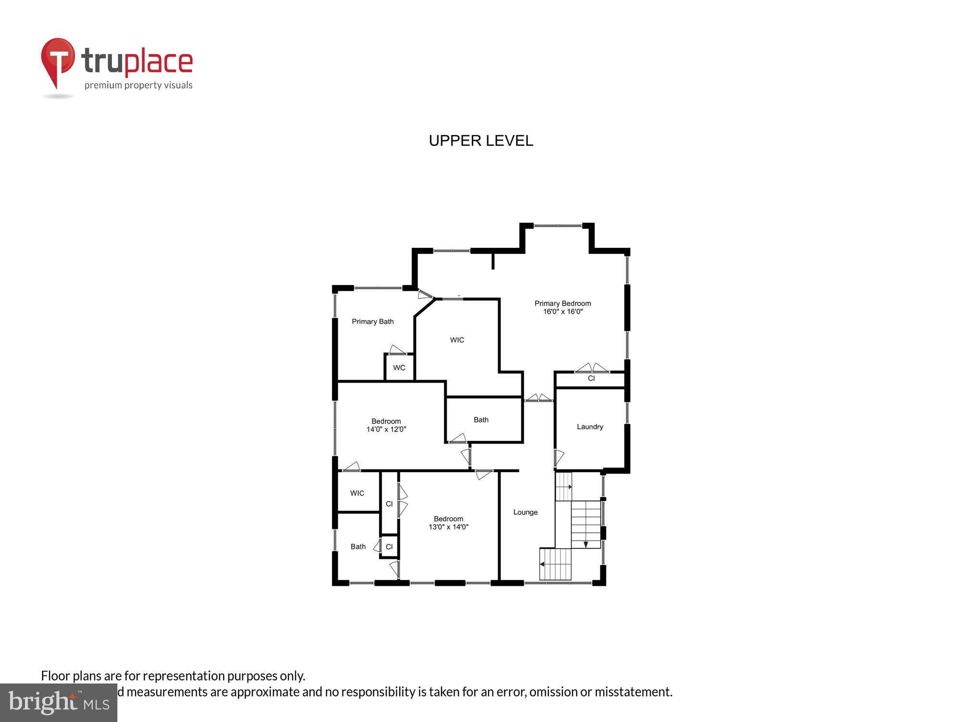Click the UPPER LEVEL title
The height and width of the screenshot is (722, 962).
[x=481, y=141]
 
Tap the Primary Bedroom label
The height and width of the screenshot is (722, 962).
[x=562, y=303]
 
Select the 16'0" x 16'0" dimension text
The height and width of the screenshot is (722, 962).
[x=563, y=311]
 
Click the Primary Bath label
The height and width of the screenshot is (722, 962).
[x=372, y=322]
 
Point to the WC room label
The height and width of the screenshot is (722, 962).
[x=399, y=368]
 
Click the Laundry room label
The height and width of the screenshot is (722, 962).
[x=590, y=426]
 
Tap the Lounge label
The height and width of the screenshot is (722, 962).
[x=525, y=512]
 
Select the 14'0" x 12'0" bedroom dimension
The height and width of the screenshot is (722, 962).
[x=386, y=429]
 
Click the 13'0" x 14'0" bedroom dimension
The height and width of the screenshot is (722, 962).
[x=448, y=527]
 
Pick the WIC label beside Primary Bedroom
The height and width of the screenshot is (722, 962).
[x=457, y=340]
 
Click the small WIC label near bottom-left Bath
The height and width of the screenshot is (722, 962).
[x=357, y=493]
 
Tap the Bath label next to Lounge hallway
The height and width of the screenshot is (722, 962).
[x=481, y=420]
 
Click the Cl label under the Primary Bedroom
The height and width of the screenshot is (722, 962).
[x=591, y=378]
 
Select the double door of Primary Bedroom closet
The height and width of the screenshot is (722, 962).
[x=592, y=368]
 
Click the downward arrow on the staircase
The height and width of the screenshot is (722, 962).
[x=586, y=544]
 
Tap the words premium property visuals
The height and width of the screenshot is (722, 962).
[x=139, y=86]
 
